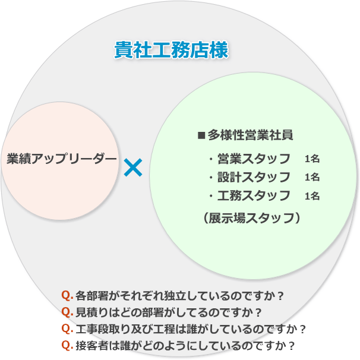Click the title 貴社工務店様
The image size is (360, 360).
pyautogui.click(x=171, y=50)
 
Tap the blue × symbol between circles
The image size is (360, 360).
pyautogui.click(x=133, y=168)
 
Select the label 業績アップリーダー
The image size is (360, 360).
pyautogui.click(x=62, y=159)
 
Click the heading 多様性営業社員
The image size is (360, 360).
pyautogui.click(x=250, y=135)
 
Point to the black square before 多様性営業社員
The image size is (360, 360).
pyautogui.click(x=201, y=135)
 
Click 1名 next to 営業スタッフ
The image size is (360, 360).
pyautogui.click(x=312, y=159)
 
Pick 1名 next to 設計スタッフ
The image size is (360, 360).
pyautogui.click(x=312, y=178)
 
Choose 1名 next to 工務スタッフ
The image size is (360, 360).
pyautogui.click(x=312, y=196)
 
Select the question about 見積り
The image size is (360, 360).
pyautogui.click(x=172, y=312)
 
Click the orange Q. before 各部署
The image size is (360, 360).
pyautogui.click(x=67, y=295)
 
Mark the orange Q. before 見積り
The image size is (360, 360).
pyautogui.click(x=67, y=312)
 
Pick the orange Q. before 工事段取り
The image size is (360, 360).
pyautogui.click(x=67, y=329)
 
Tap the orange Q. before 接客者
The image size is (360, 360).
pyautogui.click(x=67, y=345)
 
